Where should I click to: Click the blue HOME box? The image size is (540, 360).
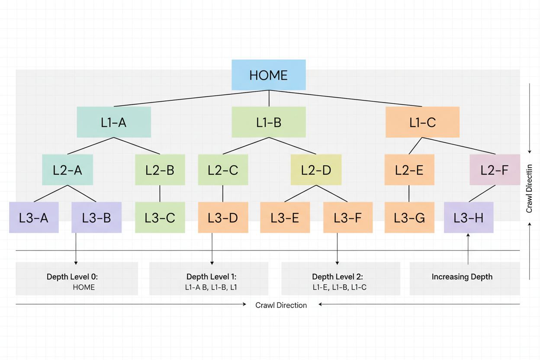[269, 75]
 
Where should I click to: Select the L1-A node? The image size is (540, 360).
[114, 122]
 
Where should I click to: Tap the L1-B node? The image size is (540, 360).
[269, 122]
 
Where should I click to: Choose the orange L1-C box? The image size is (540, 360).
[422, 122]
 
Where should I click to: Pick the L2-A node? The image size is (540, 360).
[67, 170]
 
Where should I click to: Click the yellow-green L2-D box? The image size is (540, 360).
[316, 170]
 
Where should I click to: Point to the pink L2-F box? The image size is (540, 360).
[495, 170]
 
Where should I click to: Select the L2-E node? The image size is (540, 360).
[409, 170]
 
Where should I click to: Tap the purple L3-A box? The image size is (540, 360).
[34, 218]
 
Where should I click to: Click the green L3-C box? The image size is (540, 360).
[160, 218]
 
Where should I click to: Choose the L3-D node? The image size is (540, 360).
[223, 218]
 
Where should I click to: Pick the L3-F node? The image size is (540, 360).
[348, 218]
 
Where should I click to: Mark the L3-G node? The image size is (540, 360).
[409, 218]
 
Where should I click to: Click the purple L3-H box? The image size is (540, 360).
[469, 218]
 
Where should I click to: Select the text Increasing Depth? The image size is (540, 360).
[462, 277]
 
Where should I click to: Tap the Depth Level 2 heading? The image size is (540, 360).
[337, 277]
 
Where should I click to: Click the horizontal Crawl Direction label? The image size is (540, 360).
[281, 305]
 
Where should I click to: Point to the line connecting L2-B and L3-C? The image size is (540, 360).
[160, 193]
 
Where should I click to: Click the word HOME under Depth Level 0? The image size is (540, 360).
[84, 287]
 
